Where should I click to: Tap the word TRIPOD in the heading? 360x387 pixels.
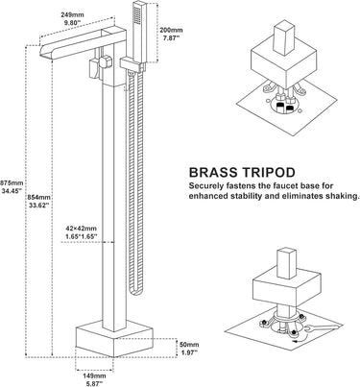click(269, 173)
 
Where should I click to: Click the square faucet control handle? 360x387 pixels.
click(106, 61)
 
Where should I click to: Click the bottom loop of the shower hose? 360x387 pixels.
click(134, 292)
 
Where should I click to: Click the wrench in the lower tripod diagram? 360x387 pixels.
click(322, 328)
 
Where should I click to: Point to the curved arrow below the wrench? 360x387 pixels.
click(300, 339)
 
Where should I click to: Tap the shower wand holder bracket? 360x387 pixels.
click(132, 64)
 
